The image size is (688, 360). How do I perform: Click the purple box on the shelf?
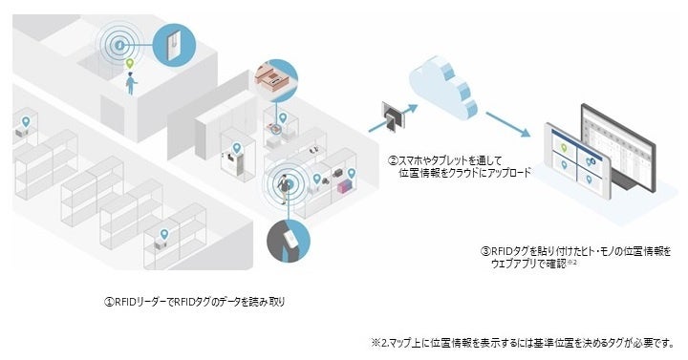pyautogui.click(x=343, y=187)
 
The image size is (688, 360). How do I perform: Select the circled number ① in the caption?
pyautogui.click(x=109, y=301)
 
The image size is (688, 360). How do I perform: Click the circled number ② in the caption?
pyautogui.click(x=393, y=160)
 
